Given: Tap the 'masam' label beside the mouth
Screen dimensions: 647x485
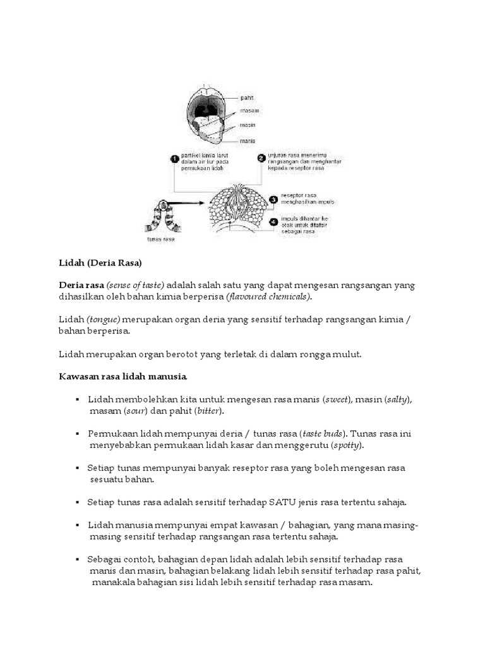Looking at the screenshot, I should click(x=251, y=111).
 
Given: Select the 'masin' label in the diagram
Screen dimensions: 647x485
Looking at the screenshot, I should click(x=249, y=126).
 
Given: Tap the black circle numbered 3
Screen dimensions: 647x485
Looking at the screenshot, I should click(x=273, y=199).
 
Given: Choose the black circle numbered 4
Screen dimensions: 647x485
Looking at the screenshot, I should click(x=273, y=222).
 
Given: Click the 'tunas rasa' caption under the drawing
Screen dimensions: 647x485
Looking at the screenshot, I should click(x=160, y=239).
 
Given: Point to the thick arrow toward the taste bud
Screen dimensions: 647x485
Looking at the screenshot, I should click(x=189, y=204).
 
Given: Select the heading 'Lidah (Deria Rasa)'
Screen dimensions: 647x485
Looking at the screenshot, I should click(x=100, y=262).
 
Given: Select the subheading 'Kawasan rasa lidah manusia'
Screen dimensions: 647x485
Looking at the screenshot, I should click(x=123, y=377).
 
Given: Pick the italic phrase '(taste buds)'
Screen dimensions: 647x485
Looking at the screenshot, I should click(x=322, y=434).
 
